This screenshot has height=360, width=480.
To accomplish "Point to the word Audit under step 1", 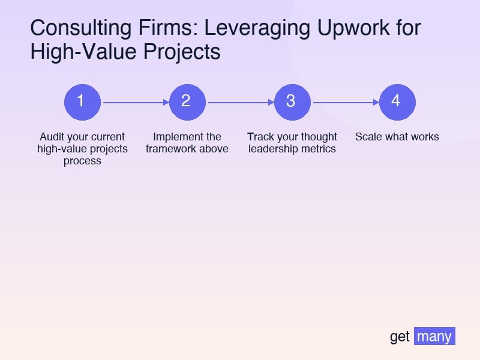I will pos(52,137).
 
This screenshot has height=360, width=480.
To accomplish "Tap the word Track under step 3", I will pos(260,137).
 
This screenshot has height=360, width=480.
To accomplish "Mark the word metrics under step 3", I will pos(317,149).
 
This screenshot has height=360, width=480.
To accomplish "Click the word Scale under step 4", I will pos(368,137).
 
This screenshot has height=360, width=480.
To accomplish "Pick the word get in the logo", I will pos(400,337).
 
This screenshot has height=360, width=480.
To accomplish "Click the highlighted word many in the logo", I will pos(434,337).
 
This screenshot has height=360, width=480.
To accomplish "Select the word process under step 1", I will pos(82,161).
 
